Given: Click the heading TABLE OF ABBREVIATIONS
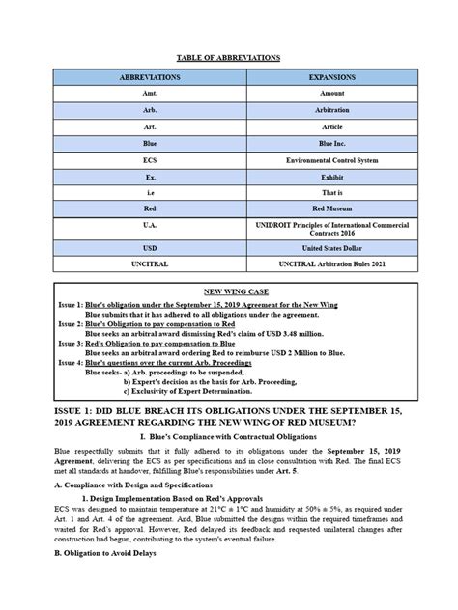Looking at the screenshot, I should pyautogui.click(x=228, y=57).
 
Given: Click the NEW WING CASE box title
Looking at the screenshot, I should pyautogui.click(x=229, y=289).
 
